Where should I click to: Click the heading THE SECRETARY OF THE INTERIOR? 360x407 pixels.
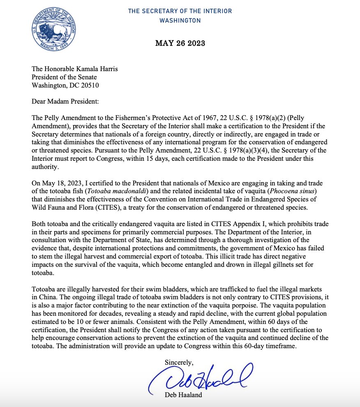pyautogui.click(x=180, y=11)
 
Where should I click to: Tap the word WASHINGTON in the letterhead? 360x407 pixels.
pyautogui.click(x=180, y=20)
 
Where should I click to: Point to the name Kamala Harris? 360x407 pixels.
pyautogui.click(x=97, y=69)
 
